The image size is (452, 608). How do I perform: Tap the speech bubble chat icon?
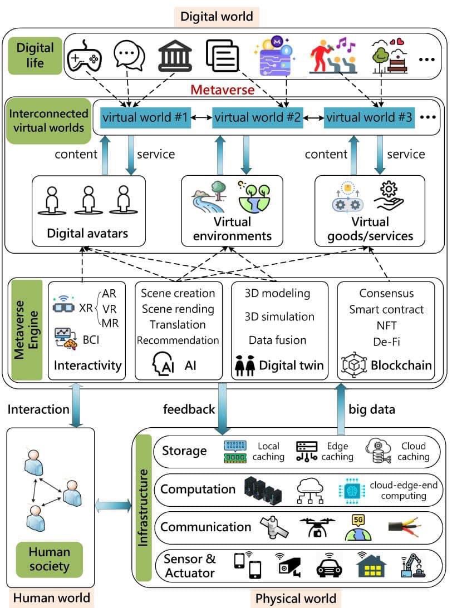[x=129, y=56]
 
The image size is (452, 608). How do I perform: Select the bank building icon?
[x=175, y=55]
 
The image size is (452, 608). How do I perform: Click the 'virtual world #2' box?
[x=258, y=117]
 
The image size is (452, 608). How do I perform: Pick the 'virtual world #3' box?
[x=369, y=117]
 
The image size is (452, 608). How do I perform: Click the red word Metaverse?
[x=222, y=90]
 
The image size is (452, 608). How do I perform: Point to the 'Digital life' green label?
[x=35, y=56]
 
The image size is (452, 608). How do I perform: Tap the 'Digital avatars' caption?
[x=87, y=233]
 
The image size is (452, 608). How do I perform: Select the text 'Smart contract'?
[x=386, y=309]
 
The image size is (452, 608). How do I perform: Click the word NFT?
[x=386, y=326]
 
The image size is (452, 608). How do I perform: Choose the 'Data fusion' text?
[x=277, y=340]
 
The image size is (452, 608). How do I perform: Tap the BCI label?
[x=91, y=340]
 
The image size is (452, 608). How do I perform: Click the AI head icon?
[x=163, y=364]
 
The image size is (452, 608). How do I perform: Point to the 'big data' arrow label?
[x=372, y=409]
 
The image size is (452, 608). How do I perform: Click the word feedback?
[x=189, y=409]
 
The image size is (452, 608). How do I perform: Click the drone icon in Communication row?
[x=317, y=527]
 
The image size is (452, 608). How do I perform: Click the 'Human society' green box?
[x=50, y=559]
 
